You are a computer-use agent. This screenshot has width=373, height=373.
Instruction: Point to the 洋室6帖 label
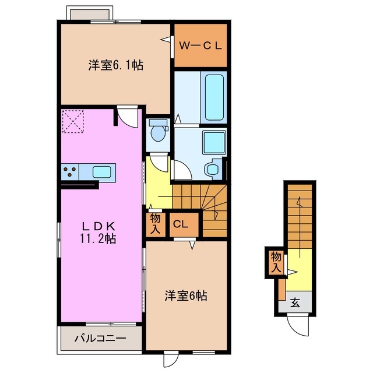coord(185,295)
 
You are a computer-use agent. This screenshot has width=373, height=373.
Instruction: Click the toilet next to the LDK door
coord(157,132)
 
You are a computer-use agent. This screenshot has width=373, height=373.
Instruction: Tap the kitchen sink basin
coord(103,172)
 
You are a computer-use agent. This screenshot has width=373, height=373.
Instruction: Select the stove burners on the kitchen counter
coord(71,172)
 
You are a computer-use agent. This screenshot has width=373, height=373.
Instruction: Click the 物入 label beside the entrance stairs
coord(276,262)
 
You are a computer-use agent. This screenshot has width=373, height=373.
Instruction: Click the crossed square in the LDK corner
coord(72,122)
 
